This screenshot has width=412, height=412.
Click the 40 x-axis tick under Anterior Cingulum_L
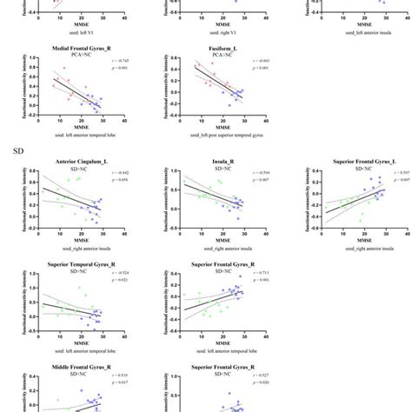click(x=123, y=235)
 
